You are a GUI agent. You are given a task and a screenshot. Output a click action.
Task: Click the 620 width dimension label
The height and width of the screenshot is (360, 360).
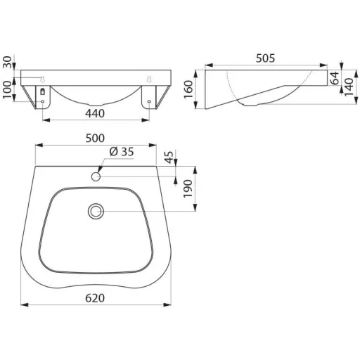[95, 298]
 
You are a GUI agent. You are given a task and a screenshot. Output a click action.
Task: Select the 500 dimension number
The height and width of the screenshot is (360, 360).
[95, 139]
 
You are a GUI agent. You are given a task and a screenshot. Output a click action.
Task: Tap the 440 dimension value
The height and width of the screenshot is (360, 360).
[95, 114]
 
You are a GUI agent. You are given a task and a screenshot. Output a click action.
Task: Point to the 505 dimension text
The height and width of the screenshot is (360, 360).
[265, 58]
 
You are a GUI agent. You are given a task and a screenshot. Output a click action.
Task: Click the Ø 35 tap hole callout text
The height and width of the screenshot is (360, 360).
[122, 152]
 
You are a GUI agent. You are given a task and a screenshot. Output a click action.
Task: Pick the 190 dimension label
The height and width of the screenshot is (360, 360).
[188, 188]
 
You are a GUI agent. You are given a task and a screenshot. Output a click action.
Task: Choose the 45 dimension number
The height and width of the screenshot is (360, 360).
[169, 157]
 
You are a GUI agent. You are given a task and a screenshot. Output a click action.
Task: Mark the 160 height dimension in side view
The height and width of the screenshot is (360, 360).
[188, 89]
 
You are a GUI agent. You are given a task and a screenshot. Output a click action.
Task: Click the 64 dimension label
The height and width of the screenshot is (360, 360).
[335, 78]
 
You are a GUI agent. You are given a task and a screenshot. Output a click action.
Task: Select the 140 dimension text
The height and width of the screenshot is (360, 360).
[349, 87]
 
